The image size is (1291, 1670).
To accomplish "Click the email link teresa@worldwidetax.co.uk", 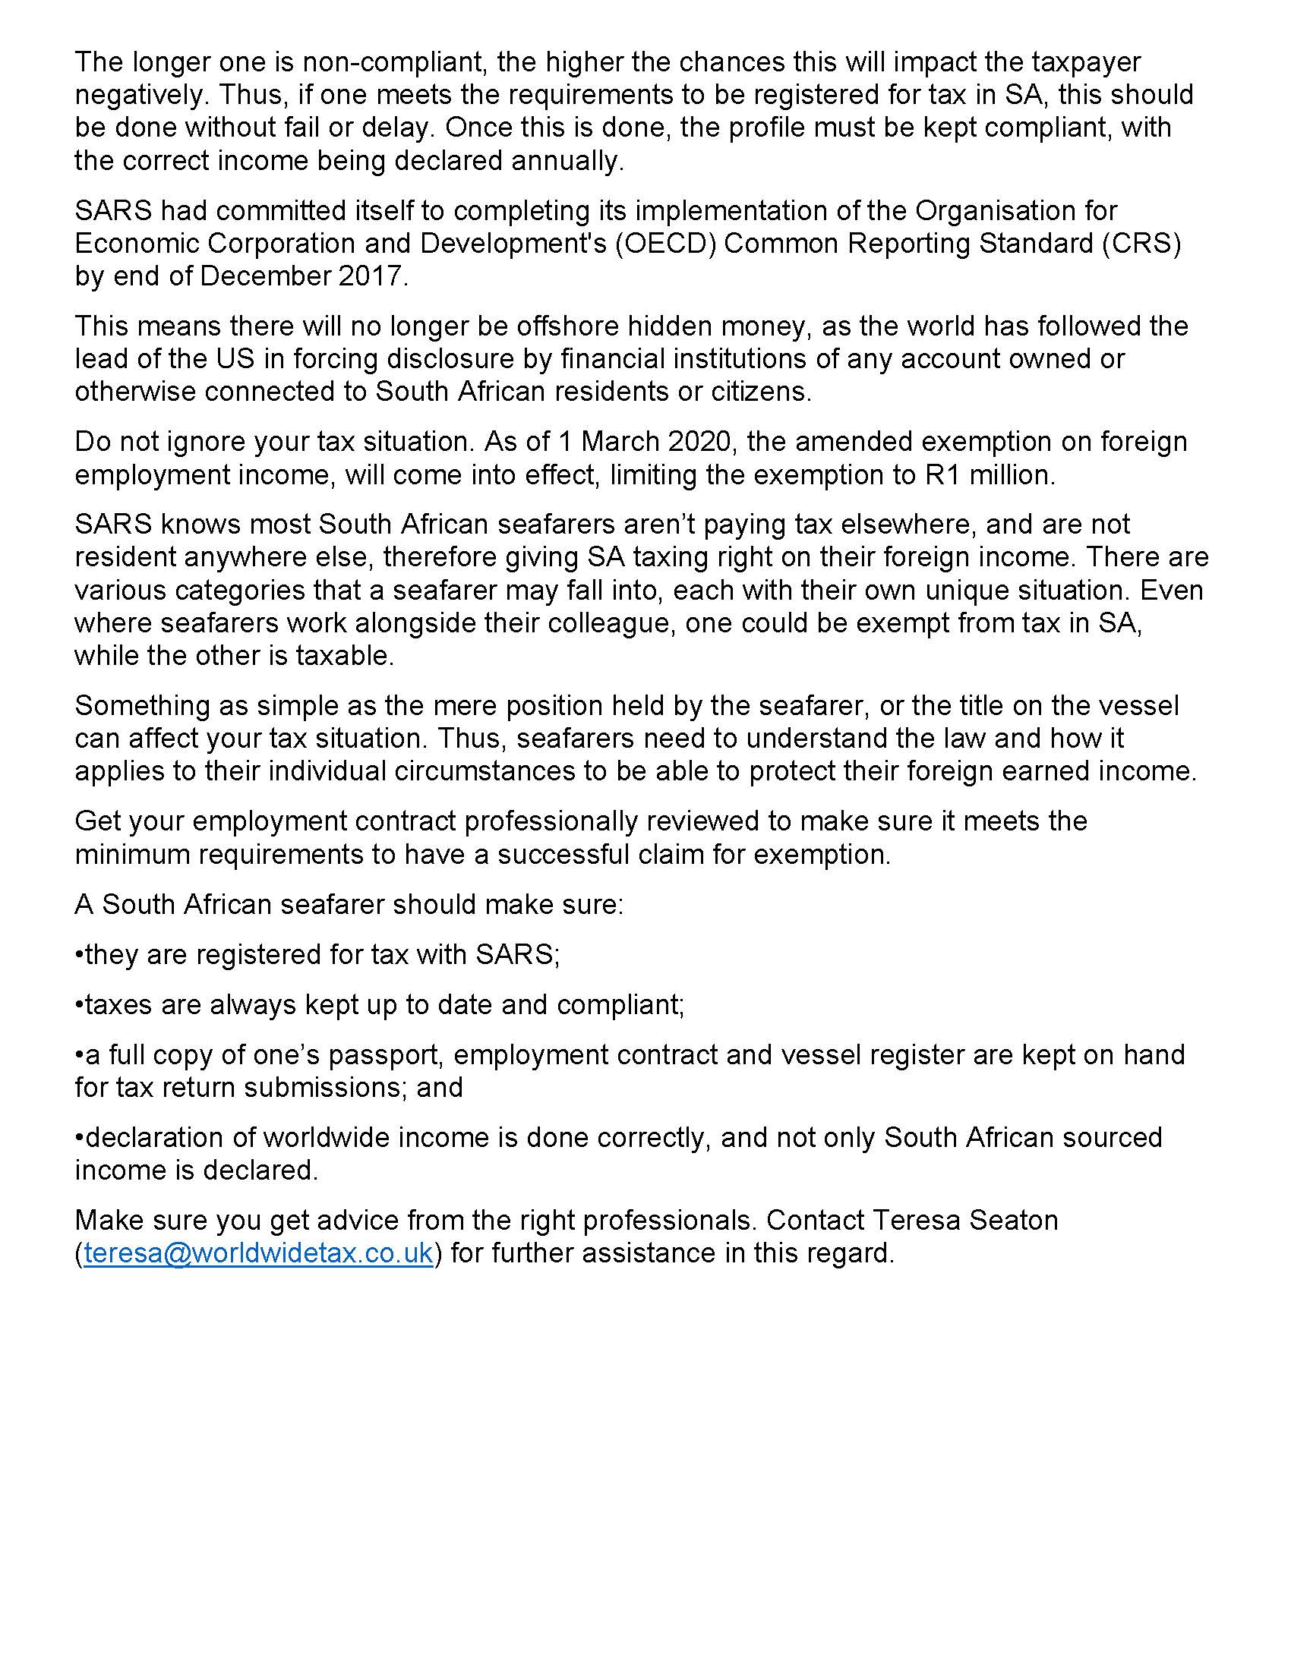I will point(258,1253).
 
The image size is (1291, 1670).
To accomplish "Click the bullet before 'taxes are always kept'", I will point(79,1005).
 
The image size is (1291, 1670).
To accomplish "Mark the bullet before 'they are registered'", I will point(79,955).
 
